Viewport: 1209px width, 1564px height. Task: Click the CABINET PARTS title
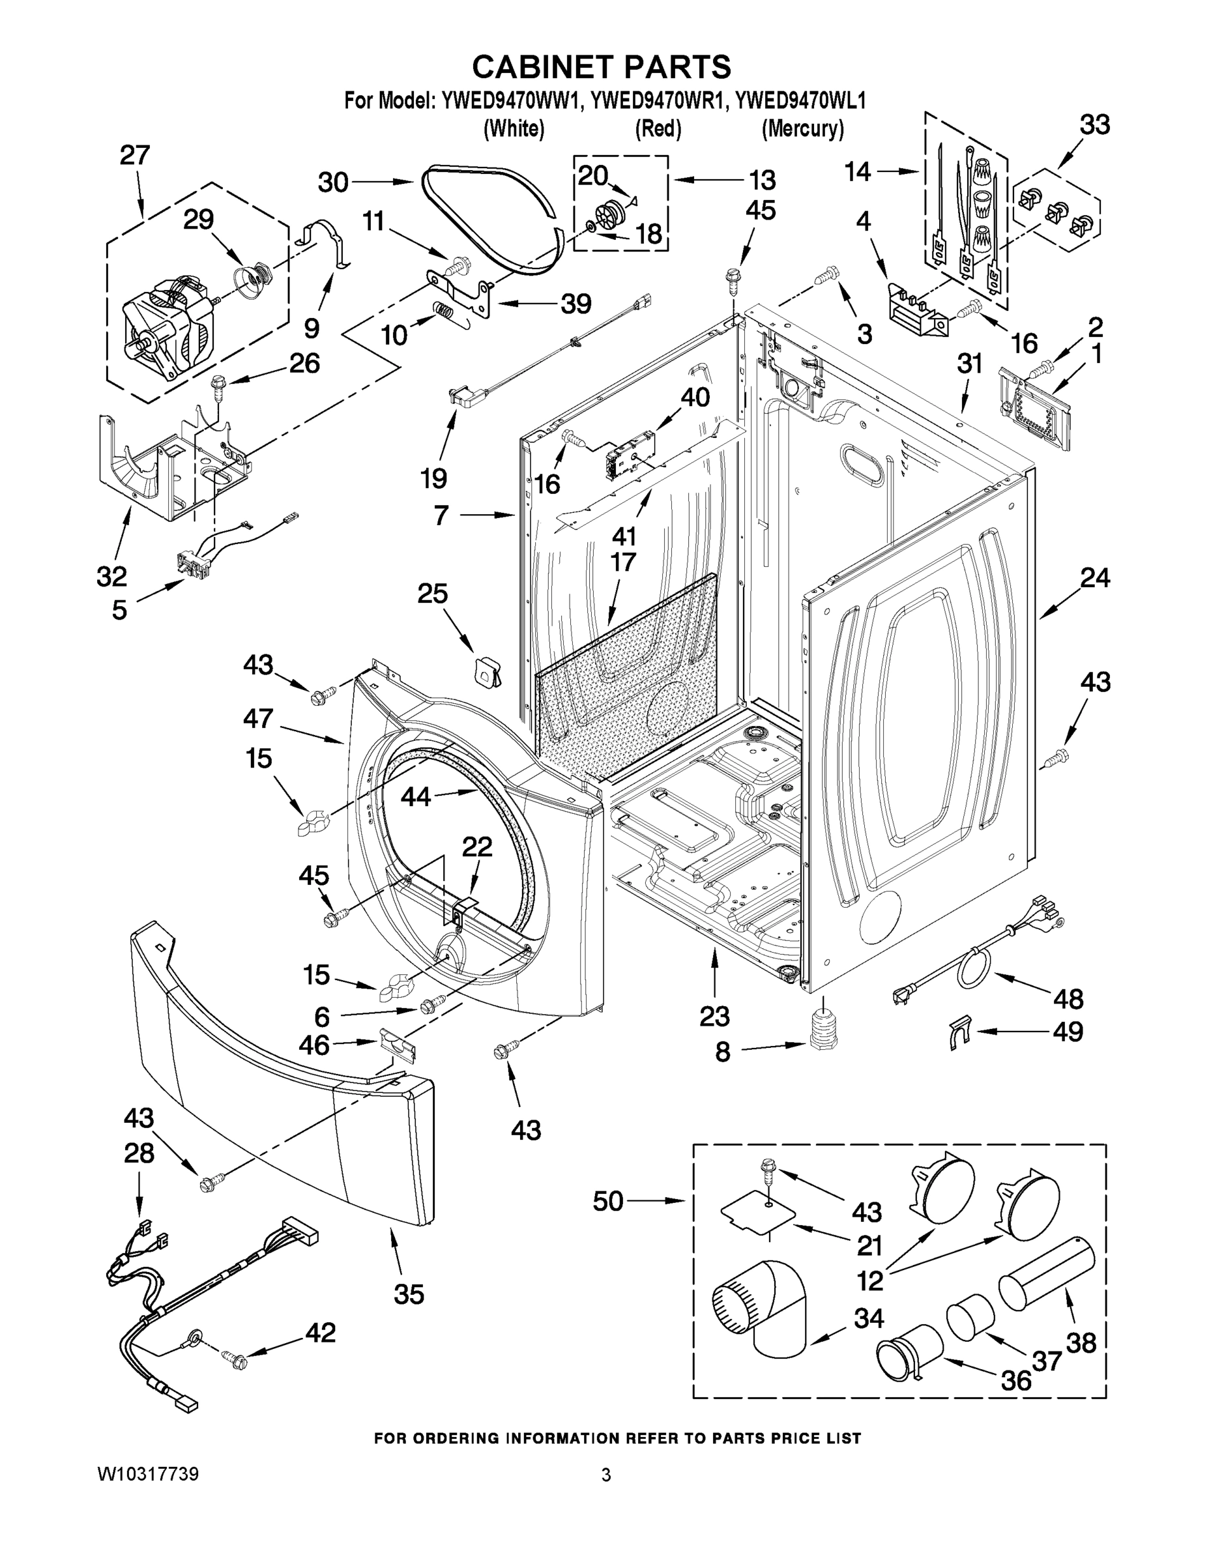(x=602, y=66)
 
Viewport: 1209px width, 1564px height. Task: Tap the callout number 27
(x=135, y=155)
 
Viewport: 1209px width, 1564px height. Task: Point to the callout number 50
(x=608, y=1201)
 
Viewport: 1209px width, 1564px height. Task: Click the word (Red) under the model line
(x=658, y=129)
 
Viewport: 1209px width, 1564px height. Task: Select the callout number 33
(x=1094, y=124)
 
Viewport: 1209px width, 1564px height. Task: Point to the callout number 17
(x=622, y=562)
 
